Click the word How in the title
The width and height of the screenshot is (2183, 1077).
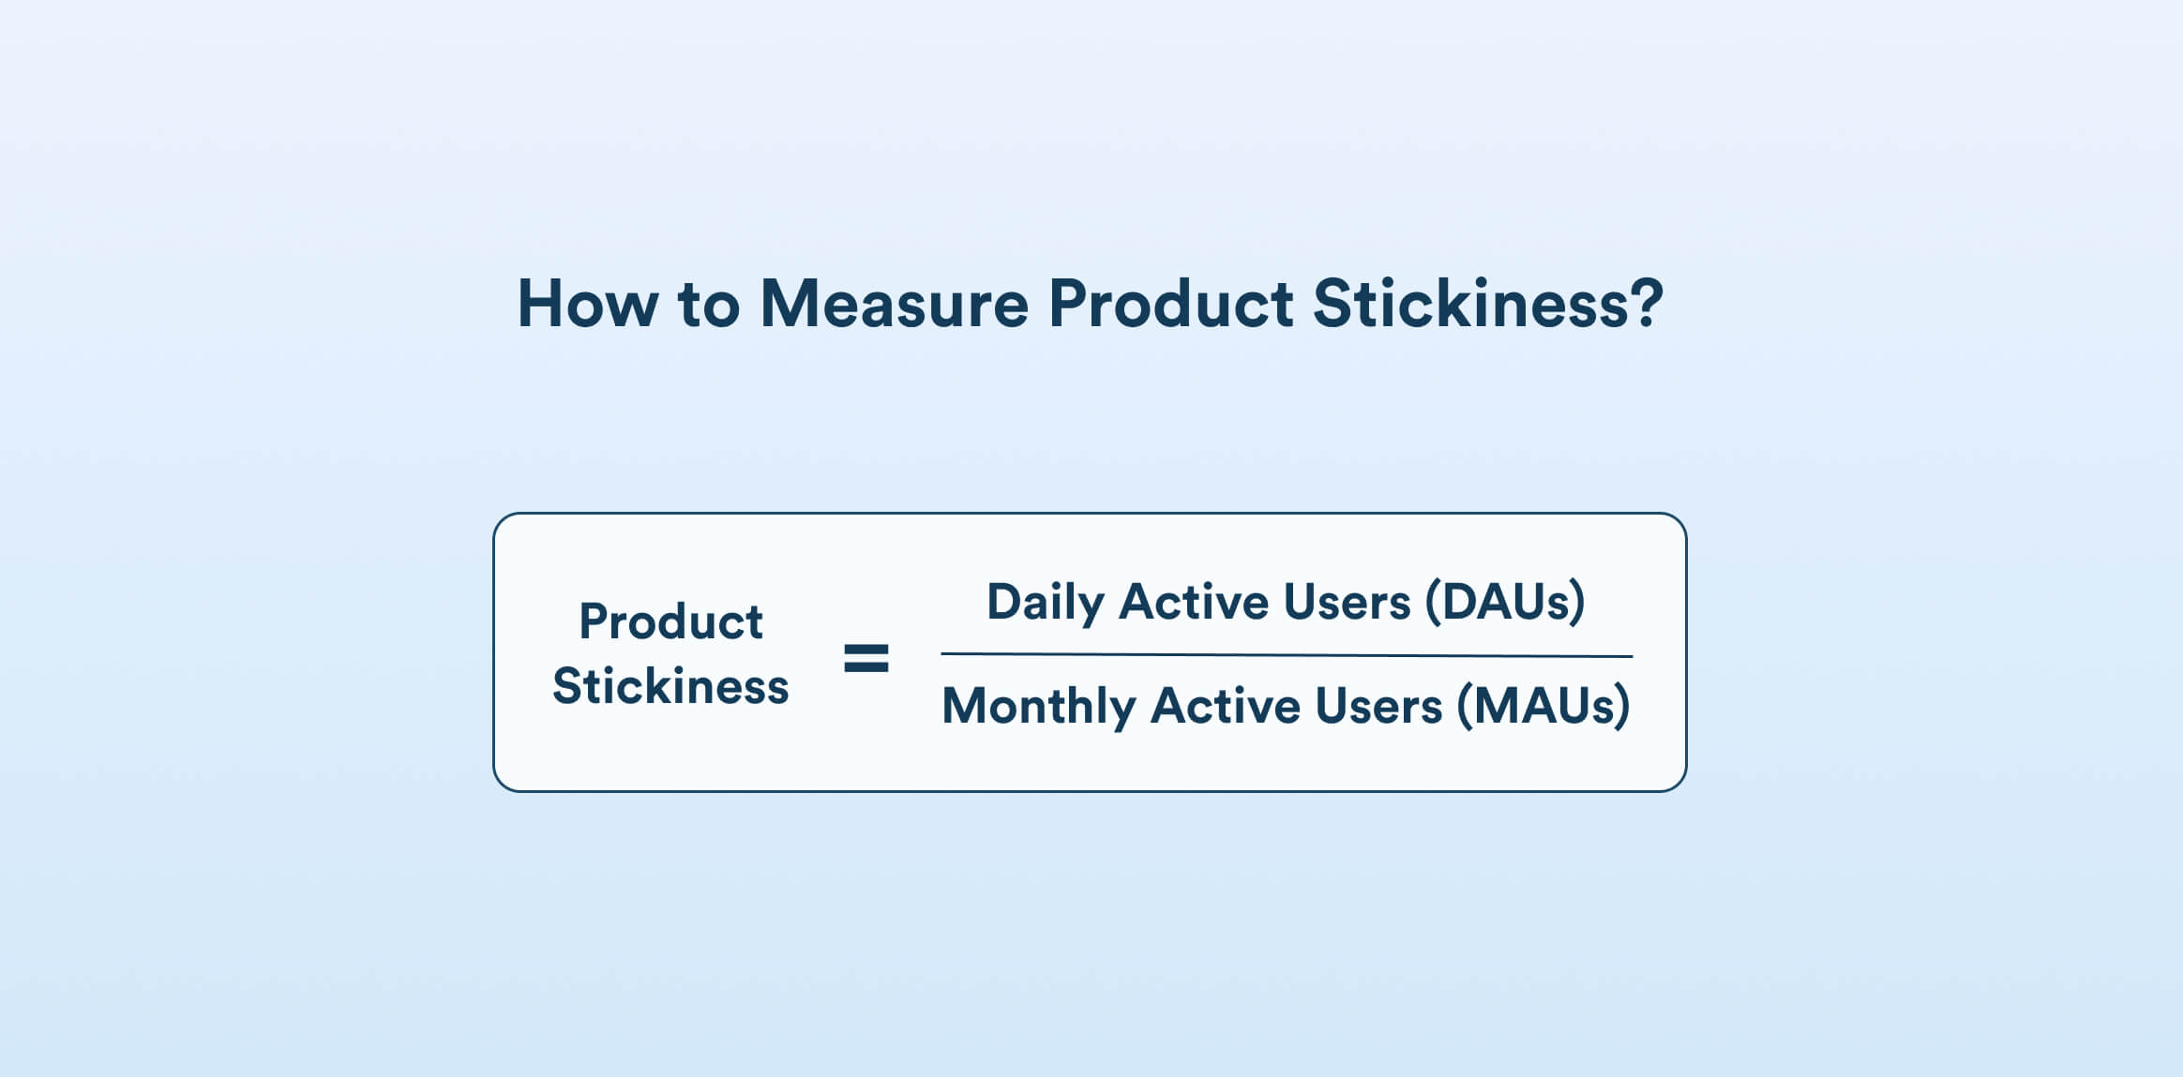(x=587, y=305)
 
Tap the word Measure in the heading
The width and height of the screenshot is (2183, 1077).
(x=894, y=305)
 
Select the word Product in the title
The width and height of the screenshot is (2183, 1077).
(x=1170, y=305)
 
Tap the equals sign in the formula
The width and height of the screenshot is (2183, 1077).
(x=866, y=658)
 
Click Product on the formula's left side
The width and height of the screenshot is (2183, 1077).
(x=670, y=621)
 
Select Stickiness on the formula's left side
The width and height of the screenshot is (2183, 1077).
(x=670, y=686)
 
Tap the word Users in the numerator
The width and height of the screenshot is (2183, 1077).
(x=1347, y=602)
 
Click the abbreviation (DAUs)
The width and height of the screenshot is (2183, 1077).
(x=1505, y=602)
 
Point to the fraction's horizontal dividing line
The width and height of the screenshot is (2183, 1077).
(x=1287, y=655)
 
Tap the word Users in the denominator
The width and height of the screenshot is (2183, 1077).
(x=1378, y=706)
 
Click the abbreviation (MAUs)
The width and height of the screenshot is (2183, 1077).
(x=1543, y=706)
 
